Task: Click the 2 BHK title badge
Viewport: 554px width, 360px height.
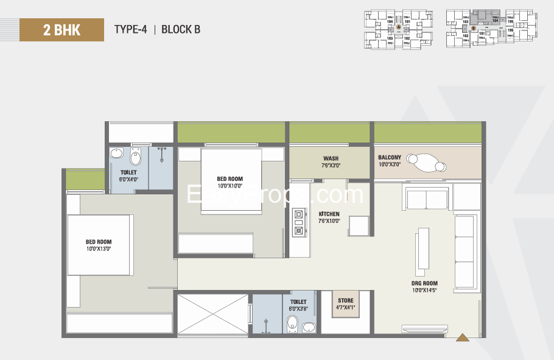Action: point(61,29)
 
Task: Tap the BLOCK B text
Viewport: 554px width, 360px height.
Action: point(181,29)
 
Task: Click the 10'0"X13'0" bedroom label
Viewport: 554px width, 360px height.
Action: point(99,245)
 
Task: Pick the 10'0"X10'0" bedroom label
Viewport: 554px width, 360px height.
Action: point(230,183)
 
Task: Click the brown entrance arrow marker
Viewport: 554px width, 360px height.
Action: point(462,337)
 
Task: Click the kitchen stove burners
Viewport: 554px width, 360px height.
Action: point(299,222)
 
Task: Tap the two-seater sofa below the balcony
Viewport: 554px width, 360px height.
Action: point(427,199)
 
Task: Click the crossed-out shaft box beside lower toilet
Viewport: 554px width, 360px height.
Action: point(212,314)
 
